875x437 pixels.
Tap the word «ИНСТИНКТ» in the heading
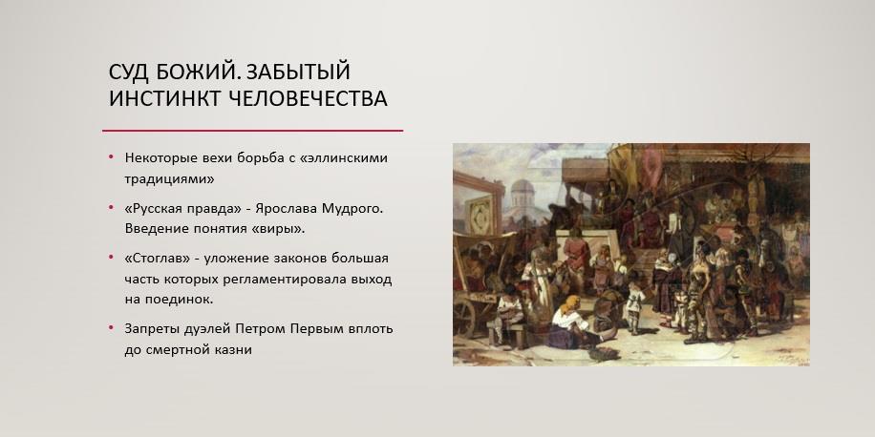coord(164,98)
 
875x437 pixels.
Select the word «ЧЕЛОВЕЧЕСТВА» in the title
coord(309,98)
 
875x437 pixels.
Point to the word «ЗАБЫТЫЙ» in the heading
coord(298,72)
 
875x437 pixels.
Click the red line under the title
coord(252,131)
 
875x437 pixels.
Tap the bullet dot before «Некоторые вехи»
coord(111,157)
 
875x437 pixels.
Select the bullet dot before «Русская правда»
coord(111,208)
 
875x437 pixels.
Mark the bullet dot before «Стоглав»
coord(111,259)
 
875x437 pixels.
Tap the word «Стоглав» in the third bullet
coord(163,259)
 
